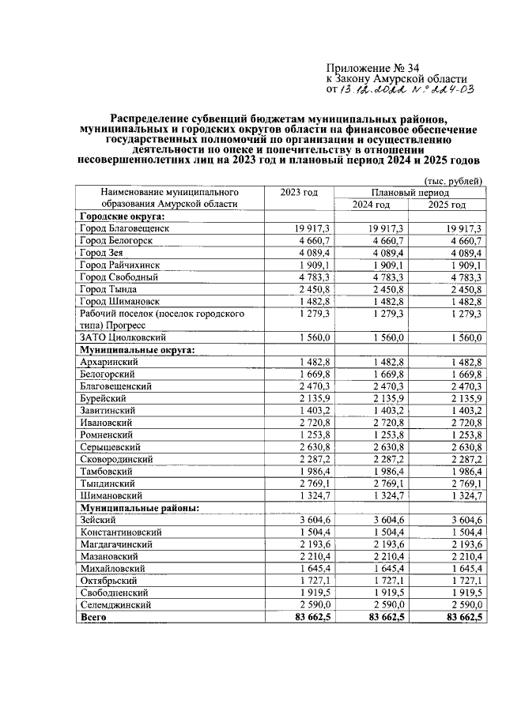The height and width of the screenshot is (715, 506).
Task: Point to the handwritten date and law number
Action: point(406,92)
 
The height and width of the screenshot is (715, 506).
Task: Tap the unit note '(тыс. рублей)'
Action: point(452,180)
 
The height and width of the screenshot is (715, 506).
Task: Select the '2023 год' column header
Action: point(299,192)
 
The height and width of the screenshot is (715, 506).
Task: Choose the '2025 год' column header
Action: point(446,205)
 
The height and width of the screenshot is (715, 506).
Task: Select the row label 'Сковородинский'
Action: point(117,459)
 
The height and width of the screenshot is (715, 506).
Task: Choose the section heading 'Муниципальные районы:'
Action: point(138,507)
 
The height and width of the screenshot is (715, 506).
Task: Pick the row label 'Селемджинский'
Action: point(115,604)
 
